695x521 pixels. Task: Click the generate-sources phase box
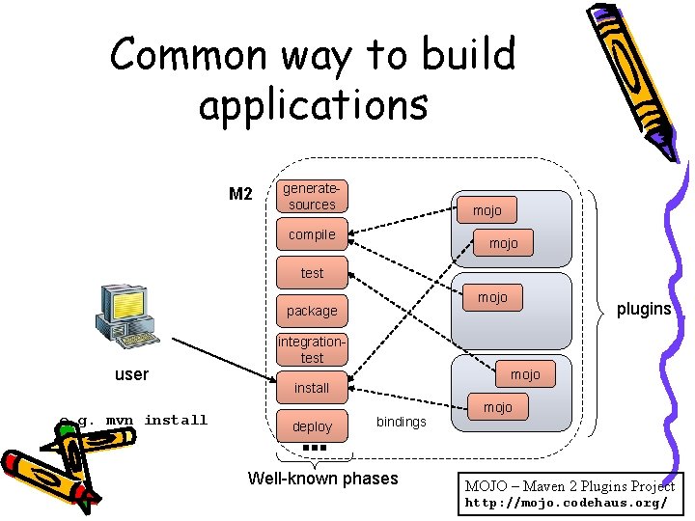[x=312, y=196]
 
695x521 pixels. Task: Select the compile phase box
[x=312, y=234]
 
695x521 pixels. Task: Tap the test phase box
[x=312, y=273]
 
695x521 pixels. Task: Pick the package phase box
[x=312, y=311]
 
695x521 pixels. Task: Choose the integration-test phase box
[x=312, y=349]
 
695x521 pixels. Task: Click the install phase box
[x=312, y=388]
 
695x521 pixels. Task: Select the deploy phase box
[x=312, y=426]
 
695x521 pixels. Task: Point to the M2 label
[x=240, y=195]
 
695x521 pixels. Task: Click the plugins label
[x=644, y=309]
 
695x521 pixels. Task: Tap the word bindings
[x=401, y=423]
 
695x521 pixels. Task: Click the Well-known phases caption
[x=322, y=479]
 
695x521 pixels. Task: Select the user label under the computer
[x=132, y=373]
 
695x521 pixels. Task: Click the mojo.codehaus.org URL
[x=566, y=504]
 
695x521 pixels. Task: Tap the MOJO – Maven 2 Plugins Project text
[x=570, y=486]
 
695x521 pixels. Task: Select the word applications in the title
[x=313, y=103]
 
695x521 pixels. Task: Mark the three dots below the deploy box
[x=315, y=449]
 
